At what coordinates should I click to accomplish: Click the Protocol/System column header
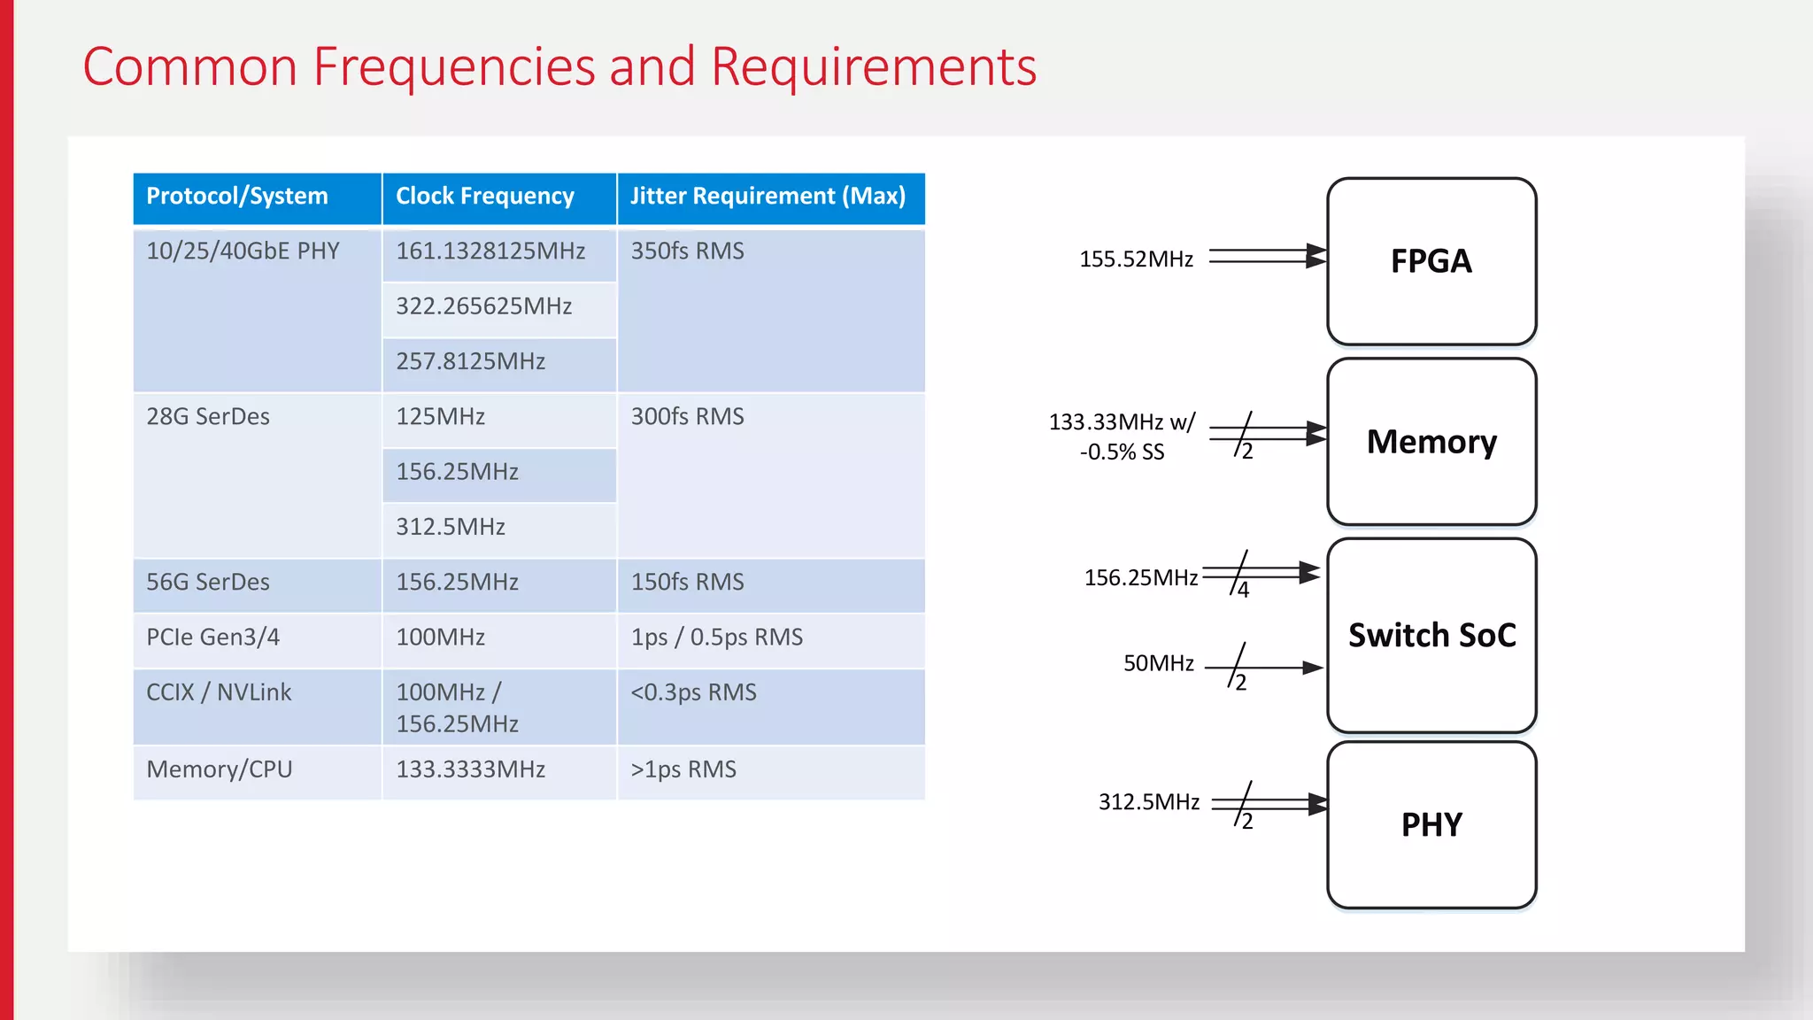point(237,197)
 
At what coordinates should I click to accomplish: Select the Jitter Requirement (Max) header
point(768,197)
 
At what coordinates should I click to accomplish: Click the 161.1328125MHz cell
point(490,251)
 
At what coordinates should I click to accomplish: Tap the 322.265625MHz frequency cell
point(484,306)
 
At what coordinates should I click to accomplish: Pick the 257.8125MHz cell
point(470,361)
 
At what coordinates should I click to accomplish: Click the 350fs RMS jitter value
point(687,251)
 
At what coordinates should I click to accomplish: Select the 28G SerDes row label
point(208,417)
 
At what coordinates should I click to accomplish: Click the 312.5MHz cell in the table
point(451,527)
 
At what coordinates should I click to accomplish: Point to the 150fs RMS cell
point(687,583)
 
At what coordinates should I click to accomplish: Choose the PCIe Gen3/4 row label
point(213,637)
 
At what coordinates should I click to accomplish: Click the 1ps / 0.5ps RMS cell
point(716,637)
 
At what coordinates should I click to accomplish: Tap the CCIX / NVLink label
point(219,692)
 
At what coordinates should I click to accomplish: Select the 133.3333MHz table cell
point(470,769)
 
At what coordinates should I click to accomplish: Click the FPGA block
point(1431,261)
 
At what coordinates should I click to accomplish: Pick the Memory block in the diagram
point(1431,442)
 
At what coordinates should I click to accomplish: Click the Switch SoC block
point(1431,636)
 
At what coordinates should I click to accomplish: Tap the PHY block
point(1431,825)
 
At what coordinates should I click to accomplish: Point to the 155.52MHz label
point(1136,259)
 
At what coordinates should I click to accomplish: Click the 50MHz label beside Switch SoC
point(1158,664)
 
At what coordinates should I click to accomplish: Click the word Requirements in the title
point(873,67)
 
